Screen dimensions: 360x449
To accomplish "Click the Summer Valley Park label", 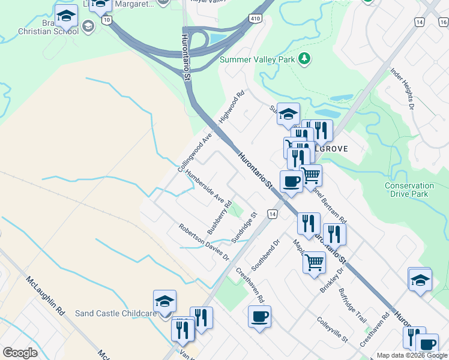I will pyautogui.click(x=258, y=59).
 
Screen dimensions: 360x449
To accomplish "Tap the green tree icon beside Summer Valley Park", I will pyautogui.click(x=306, y=58).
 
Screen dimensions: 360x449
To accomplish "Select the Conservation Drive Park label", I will pyautogui.click(x=409, y=190).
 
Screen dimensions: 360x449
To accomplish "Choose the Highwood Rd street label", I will pyautogui.click(x=232, y=107).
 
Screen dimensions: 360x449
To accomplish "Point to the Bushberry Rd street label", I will pyautogui.click(x=219, y=218).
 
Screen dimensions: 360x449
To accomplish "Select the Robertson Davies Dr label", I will pyautogui.click(x=204, y=242).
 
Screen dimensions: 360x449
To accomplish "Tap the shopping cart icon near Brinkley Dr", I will pyautogui.click(x=314, y=262).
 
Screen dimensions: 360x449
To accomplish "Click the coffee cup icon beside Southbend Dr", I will pyautogui.click(x=259, y=316).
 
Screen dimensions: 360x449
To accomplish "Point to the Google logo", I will pyautogui.click(x=20, y=353).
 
